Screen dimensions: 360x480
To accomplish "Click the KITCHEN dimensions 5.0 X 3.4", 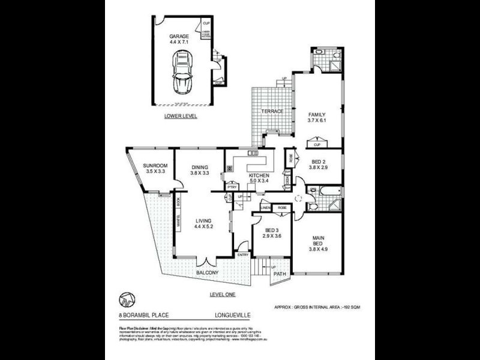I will point(259,182).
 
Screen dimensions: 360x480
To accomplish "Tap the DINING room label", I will point(199,167).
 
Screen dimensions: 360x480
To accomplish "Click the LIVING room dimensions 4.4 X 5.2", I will point(204,227).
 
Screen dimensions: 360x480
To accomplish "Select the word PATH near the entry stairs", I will point(280,275).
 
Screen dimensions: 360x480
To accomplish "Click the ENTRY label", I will point(243,254).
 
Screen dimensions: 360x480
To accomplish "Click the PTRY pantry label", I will point(231,187).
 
